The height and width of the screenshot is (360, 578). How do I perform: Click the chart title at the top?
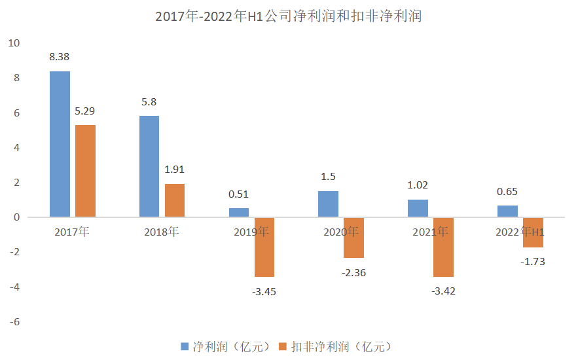[x=289, y=16]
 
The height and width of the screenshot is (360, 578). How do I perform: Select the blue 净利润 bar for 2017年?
[x=60, y=144]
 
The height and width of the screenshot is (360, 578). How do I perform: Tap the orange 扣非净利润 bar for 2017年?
[x=85, y=171]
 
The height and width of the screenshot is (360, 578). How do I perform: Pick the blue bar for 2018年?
[x=149, y=166]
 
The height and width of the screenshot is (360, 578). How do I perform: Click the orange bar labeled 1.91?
[x=175, y=200]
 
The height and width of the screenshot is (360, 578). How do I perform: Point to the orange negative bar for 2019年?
[x=264, y=247]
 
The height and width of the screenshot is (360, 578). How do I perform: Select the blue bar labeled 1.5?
[x=328, y=204]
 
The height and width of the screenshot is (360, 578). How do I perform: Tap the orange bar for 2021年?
[x=443, y=247]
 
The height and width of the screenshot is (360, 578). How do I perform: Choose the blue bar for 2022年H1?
[x=507, y=211]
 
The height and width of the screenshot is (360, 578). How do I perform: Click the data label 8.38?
[x=60, y=57]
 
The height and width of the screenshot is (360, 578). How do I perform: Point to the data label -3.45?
[x=264, y=291]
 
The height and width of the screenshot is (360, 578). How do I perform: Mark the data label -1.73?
[x=533, y=261]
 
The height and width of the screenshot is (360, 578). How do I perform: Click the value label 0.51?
[x=238, y=194]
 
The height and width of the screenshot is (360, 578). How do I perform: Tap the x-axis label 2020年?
[x=341, y=232]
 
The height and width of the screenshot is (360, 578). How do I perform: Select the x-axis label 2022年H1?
[x=520, y=232]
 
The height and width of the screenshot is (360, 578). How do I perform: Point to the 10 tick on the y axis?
[x=14, y=43]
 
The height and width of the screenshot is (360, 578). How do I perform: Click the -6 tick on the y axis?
[x=14, y=322]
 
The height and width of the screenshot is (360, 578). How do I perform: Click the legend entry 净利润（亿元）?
[x=225, y=346]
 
